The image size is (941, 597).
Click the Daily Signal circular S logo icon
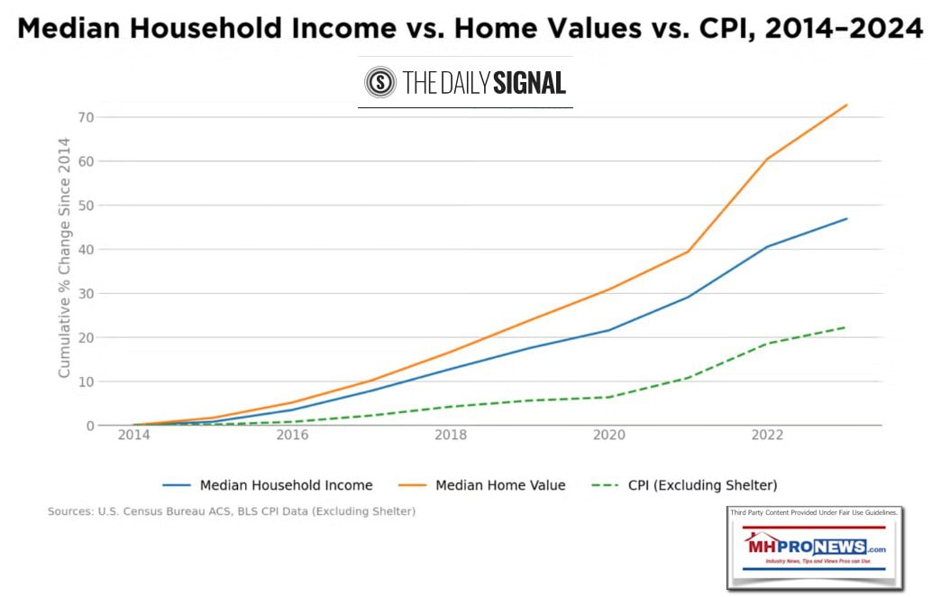tap(380, 83)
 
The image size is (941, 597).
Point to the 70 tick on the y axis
tap(86, 117)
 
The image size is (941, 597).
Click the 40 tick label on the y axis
tap(86, 250)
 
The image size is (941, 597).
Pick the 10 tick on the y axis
tap(86, 381)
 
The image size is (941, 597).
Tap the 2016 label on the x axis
tap(292, 435)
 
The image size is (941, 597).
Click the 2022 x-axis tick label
tap(767, 435)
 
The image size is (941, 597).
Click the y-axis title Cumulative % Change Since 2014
tap(64, 258)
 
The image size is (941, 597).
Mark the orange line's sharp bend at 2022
tap(767, 159)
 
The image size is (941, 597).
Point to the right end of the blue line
tap(846, 218)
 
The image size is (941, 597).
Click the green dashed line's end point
tap(846, 326)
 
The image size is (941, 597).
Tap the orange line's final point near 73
tap(846, 105)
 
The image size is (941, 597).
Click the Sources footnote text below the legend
tap(231, 512)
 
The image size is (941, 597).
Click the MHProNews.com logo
tap(815, 547)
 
